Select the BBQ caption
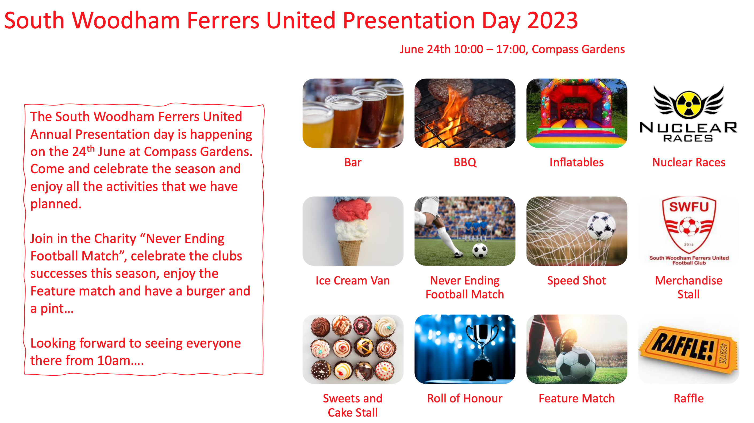[465, 162]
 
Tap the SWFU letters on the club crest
[689, 207]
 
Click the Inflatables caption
[577, 162]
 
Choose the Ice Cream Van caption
[353, 280]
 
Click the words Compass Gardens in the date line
[578, 49]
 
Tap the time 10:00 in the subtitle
[469, 49]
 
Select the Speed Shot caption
[577, 280]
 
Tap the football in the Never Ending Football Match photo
[480, 250]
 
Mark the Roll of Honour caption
[465, 398]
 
